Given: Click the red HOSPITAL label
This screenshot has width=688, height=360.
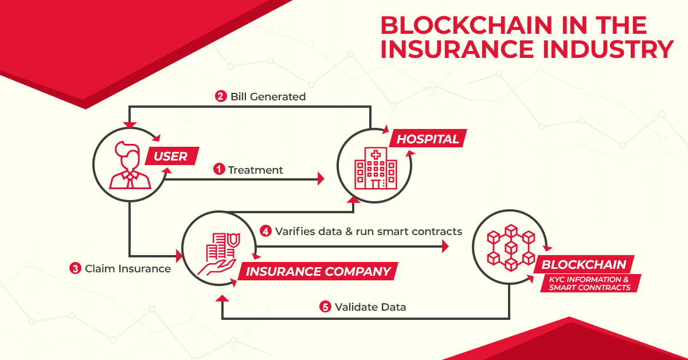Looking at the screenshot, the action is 428,139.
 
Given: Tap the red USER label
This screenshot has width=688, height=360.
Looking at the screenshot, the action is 171,156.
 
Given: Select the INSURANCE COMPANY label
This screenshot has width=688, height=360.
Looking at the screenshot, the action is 318,271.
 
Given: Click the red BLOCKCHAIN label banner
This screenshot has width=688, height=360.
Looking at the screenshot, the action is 584,264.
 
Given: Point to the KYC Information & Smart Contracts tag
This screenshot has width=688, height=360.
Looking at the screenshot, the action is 590,283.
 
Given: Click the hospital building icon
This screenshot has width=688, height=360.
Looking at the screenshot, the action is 376,168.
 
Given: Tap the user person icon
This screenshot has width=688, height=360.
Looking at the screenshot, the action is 130,165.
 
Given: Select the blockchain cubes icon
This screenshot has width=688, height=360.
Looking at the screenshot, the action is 511,248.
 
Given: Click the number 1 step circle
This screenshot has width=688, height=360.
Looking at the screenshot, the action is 219,169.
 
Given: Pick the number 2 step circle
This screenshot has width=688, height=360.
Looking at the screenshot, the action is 221,96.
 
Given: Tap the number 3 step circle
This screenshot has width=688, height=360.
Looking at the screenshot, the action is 75,268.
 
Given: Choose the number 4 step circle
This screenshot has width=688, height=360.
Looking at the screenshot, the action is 265,231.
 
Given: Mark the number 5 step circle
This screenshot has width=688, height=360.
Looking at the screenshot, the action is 325,307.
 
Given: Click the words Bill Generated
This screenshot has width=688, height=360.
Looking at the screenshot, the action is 268,97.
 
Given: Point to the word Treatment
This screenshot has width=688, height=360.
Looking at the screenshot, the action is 256,170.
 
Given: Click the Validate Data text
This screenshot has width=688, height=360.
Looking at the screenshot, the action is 370,307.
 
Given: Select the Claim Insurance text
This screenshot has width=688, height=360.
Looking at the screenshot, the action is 128,269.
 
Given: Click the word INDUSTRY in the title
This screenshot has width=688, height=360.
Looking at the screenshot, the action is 608,49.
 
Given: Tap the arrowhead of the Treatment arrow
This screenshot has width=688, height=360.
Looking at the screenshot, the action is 321,179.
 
